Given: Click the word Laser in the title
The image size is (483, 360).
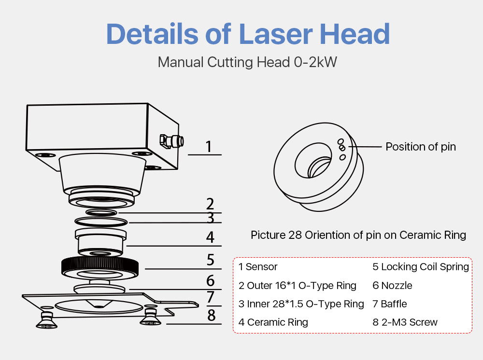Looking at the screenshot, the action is tap(276, 34).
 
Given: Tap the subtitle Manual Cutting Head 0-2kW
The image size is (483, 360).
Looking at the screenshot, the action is tap(247, 62).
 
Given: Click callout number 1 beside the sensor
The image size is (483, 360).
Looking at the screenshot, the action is tap(209, 147).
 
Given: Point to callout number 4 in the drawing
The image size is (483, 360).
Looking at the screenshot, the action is tap(210, 237).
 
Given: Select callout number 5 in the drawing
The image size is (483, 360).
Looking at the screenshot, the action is tap(211, 260).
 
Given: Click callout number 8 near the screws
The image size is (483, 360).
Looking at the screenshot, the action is tap(212, 316).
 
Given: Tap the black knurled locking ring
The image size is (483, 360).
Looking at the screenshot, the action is tap(100, 267).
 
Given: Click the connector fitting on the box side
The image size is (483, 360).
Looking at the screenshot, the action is tap(171, 141).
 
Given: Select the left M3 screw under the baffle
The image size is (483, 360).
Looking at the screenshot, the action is tap(46, 320).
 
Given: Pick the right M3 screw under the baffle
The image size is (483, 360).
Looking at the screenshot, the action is tap(150, 317).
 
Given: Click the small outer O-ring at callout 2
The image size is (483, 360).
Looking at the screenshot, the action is tap(101, 213).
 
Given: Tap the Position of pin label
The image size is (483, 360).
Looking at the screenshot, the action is tap(421, 147).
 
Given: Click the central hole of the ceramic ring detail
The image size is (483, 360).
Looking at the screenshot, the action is tap(313, 160).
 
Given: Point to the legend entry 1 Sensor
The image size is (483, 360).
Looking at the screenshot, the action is tap(258, 267).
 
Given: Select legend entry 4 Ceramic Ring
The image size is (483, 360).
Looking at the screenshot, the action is tap(273, 322).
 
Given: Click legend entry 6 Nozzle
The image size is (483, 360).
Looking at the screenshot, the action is tap(392, 286).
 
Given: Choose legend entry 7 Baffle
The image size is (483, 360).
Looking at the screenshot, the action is tap(390, 304).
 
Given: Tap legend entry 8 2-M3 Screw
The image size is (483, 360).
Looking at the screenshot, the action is tap(405, 322).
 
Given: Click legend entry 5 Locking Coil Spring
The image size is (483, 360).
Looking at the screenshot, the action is tap(421, 267).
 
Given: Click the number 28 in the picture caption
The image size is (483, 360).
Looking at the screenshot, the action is tap(295, 235).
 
